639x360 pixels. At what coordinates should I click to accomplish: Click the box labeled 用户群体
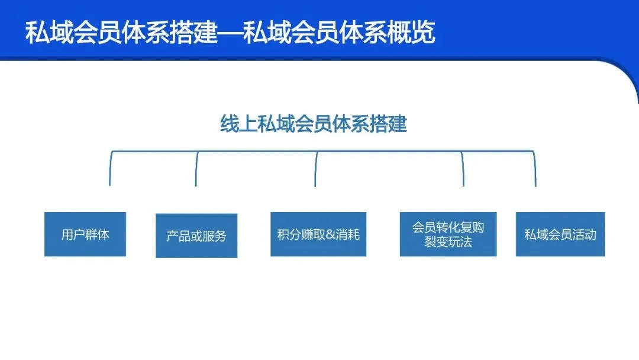[85, 234]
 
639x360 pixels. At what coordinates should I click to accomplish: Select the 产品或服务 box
[196, 236]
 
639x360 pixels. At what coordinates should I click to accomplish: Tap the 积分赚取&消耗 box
[318, 234]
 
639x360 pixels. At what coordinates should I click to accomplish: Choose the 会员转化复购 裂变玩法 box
[448, 234]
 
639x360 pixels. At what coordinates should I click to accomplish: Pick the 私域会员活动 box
[560, 234]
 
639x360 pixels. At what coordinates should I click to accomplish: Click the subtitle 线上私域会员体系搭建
[314, 125]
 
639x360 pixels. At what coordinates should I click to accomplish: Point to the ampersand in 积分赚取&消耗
[330, 234]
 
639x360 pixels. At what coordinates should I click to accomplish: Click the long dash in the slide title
[231, 33]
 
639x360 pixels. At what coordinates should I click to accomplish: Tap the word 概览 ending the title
[417, 33]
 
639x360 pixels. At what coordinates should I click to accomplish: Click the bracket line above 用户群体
[110, 169]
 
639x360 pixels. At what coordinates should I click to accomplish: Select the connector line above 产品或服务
[196, 169]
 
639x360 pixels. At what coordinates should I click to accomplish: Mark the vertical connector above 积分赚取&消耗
[315, 169]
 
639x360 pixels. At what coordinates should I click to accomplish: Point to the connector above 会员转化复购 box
[463, 169]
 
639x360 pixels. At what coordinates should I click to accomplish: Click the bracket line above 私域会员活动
[535, 169]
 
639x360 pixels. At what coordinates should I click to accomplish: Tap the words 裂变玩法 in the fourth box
[448, 242]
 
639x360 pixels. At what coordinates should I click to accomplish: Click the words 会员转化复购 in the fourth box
[448, 228]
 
